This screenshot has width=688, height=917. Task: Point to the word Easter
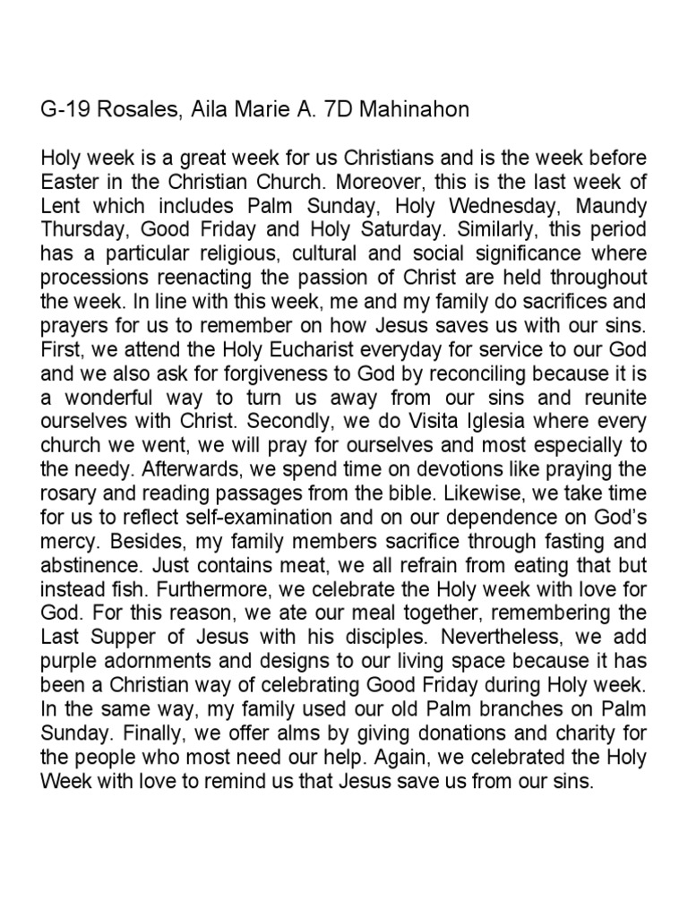pyautogui.click(x=70, y=180)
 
